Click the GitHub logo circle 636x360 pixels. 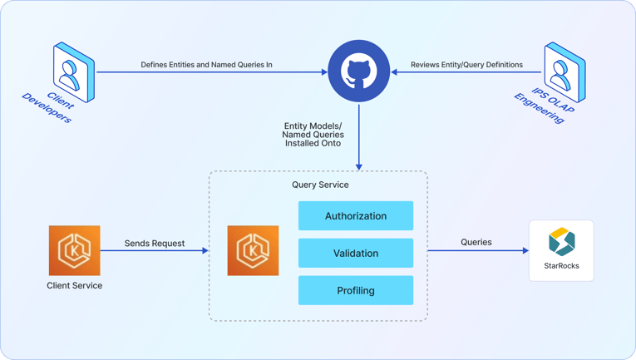[x=359, y=71]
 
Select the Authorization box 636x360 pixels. [x=356, y=216]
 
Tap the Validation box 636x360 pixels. [x=356, y=254]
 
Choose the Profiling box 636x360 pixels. [x=356, y=291]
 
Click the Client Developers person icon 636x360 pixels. [x=73, y=72]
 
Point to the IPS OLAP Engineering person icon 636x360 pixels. [x=565, y=72]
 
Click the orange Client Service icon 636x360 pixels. [x=75, y=250]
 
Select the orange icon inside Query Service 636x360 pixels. [x=253, y=250]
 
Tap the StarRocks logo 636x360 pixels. [x=562, y=242]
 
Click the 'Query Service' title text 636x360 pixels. [x=320, y=185]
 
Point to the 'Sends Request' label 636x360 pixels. [x=155, y=244]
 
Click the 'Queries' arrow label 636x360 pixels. [x=476, y=242]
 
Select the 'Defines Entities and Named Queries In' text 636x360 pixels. [x=206, y=64]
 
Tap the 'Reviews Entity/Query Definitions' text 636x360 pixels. [x=467, y=64]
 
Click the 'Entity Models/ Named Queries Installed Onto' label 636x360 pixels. [x=313, y=134]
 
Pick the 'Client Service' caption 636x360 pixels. [x=75, y=285]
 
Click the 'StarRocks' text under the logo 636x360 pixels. [x=562, y=266]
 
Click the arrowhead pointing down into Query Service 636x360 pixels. [x=359, y=167]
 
